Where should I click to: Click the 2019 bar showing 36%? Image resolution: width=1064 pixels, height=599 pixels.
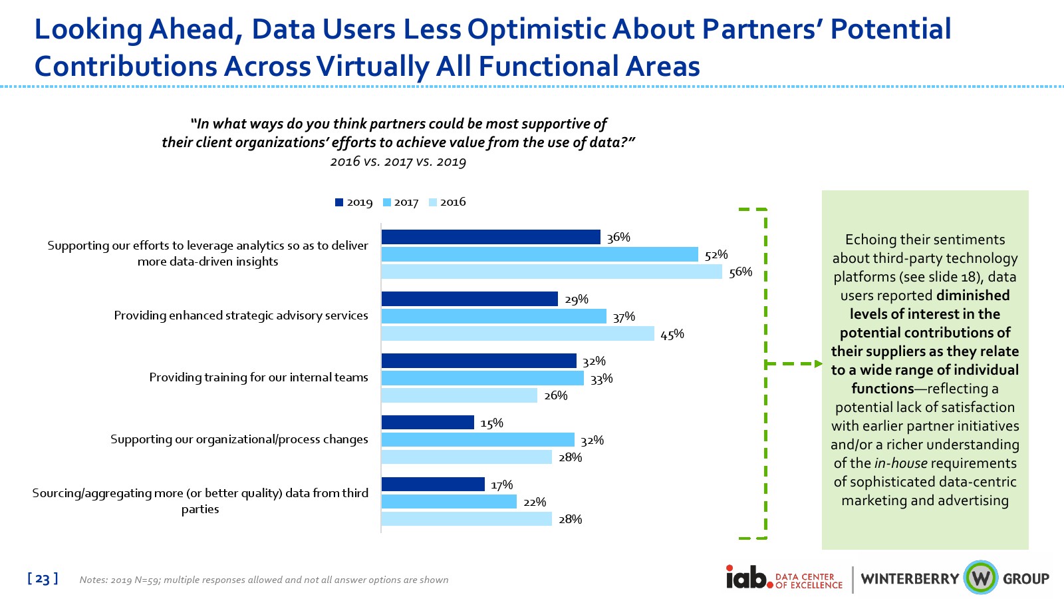491,237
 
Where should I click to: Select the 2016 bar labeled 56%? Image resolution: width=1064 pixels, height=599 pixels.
551,272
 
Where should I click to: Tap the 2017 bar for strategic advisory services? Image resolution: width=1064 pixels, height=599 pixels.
493,316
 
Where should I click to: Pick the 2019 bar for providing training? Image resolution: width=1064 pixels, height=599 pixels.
479,361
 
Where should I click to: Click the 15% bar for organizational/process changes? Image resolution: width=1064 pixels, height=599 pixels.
428,423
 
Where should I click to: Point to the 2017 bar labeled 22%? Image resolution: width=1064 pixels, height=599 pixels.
449,502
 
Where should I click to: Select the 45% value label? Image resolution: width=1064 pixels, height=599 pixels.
672,334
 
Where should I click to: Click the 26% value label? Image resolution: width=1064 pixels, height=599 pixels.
556,395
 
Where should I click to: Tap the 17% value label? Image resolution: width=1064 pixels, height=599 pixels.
501,485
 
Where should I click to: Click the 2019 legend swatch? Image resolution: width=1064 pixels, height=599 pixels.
339,202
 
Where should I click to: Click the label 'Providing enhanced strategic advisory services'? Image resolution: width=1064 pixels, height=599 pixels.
241,315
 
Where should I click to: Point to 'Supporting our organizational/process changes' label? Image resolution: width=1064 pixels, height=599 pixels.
239,439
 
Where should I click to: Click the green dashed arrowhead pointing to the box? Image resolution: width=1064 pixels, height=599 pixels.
818,364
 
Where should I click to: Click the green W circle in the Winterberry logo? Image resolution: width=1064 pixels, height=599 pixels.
980,578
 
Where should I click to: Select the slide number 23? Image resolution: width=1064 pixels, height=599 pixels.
43,579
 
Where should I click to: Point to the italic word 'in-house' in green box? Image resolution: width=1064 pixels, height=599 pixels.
900,463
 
